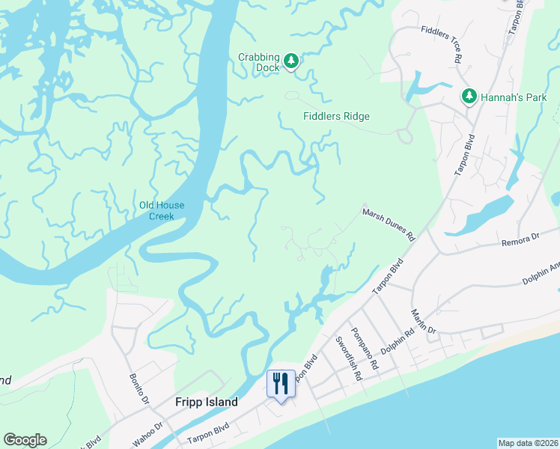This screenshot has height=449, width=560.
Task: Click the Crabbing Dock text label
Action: point(259,62)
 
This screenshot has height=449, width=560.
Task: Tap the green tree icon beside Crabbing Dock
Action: point(290,61)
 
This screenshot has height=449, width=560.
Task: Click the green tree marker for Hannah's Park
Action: point(469,96)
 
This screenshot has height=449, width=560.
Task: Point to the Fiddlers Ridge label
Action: point(336,116)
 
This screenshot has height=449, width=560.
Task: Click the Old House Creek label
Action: point(162,211)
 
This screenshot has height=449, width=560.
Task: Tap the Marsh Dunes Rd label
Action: point(389,224)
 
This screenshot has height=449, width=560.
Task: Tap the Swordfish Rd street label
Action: point(348,359)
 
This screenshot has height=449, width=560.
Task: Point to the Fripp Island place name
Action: point(207,402)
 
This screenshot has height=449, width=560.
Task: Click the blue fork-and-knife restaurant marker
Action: point(281,384)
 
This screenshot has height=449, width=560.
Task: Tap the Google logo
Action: point(25,440)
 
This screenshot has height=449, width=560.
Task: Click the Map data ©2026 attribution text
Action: point(529,443)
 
